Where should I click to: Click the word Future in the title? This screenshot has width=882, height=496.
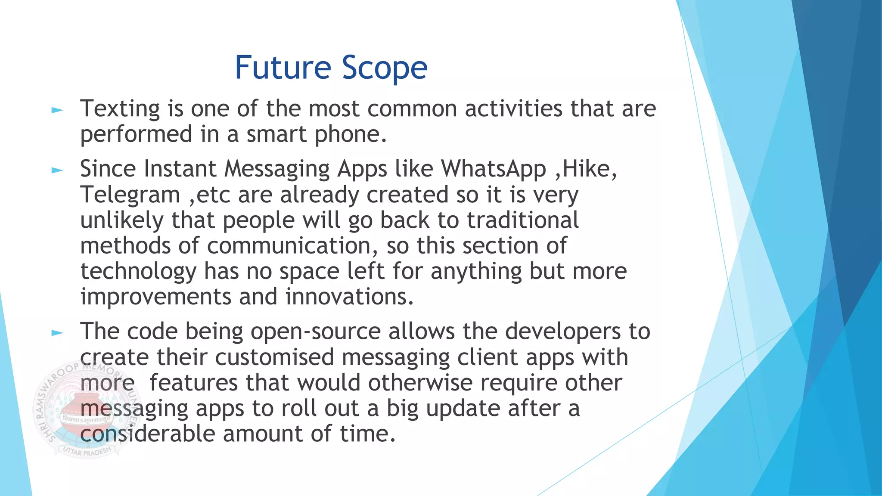[x=283, y=68]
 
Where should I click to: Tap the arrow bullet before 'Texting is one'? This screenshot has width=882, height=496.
[x=57, y=111]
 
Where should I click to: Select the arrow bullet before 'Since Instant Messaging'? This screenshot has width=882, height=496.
[x=57, y=170]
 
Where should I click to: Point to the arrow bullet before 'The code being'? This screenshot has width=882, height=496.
[x=57, y=333]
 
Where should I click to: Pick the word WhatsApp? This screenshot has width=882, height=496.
[x=494, y=168]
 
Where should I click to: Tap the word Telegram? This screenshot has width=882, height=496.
[x=130, y=195]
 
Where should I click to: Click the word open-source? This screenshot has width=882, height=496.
[x=316, y=332]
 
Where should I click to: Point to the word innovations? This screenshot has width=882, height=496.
[x=349, y=297]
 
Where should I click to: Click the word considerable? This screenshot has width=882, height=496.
[x=147, y=434]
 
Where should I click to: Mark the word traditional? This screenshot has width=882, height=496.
[x=523, y=220]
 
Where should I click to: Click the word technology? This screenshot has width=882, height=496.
[x=138, y=272]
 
